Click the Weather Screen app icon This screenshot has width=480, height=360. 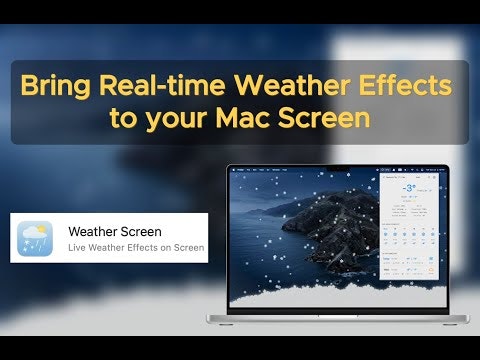[x=36, y=239]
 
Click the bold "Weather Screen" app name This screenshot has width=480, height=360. [x=114, y=232]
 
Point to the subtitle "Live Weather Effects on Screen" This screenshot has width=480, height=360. [x=135, y=248]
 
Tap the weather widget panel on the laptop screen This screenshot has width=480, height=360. [x=409, y=230]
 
